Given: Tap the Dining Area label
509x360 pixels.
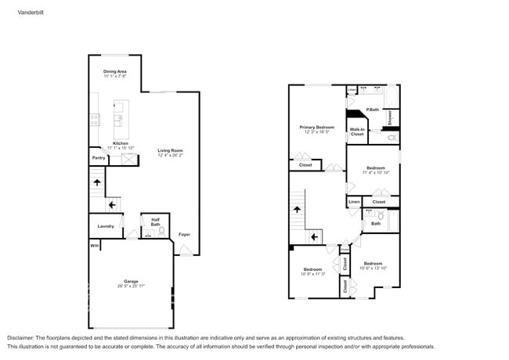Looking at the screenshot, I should [x=115, y=71].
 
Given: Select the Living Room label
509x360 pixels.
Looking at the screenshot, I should [x=169, y=151].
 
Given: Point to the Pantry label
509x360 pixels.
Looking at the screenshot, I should [x=99, y=158].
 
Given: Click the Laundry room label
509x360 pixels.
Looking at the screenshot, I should [x=106, y=226].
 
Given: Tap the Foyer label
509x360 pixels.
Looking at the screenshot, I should [x=184, y=234].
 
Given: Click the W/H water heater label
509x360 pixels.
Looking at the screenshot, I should [x=94, y=247].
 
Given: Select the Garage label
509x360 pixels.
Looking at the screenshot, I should [x=131, y=281].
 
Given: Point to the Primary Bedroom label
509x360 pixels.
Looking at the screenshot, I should [x=316, y=127].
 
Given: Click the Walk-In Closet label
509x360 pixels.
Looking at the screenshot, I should [x=356, y=131].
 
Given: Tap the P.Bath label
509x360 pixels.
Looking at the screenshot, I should [x=372, y=110].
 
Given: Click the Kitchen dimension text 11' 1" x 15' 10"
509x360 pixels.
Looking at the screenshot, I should [x=121, y=148].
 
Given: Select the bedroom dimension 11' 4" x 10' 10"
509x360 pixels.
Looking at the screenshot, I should [x=376, y=172].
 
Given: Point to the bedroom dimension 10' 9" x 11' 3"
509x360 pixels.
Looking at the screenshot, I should [x=312, y=274].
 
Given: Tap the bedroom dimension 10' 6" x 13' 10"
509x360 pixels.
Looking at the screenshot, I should [x=373, y=268].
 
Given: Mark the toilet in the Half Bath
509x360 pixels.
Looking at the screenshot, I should [x=161, y=232].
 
